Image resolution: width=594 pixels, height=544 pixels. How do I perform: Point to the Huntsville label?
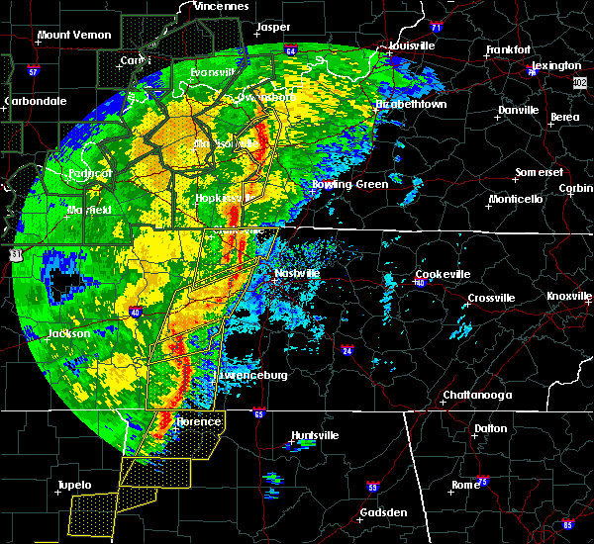coord(315,435)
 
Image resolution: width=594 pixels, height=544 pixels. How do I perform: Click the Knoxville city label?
coord(569,297)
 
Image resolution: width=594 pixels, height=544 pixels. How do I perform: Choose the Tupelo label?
coord(73,485)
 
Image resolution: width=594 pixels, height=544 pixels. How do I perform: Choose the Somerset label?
coord(538,173)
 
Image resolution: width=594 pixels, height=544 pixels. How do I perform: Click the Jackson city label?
coord(68,334)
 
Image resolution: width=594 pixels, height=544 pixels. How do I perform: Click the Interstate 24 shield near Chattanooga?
coord(347,349)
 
